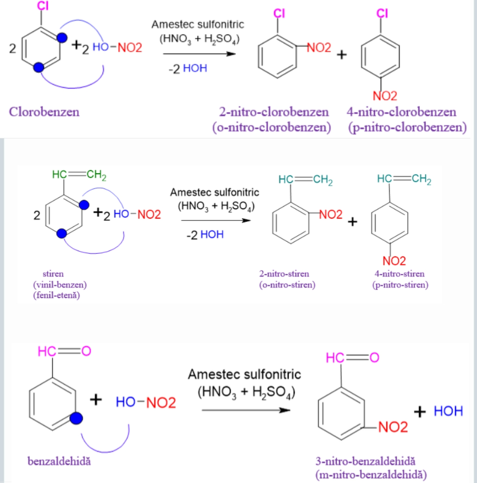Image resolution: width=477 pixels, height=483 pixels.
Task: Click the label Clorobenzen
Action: [x=44, y=112]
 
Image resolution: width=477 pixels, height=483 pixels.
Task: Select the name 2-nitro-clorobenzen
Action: [x=274, y=112]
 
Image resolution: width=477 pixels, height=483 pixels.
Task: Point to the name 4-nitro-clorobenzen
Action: [x=401, y=112]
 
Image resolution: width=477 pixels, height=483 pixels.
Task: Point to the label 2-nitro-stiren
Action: [x=284, y=274]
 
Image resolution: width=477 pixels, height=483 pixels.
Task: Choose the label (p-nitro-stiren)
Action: [x=400, y=285]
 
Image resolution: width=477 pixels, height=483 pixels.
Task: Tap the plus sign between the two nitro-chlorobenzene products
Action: [x=342, y=54]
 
